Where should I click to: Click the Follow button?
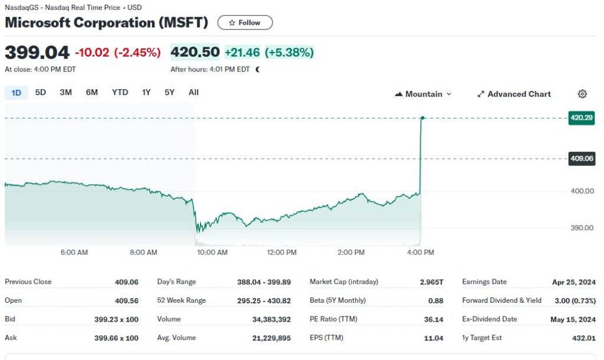[x=245, y=22]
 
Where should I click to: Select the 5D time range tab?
[x=41, y=93]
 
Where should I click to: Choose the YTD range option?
[x=120, y=93]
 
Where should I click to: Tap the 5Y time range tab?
[x=169, y=93]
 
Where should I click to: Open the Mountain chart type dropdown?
[x=424, y=94]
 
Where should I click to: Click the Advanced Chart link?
[x=513, y=94]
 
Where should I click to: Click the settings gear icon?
[x=582, y=94]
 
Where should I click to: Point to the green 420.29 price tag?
[x=581, y=118]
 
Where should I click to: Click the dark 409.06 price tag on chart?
[x=581, y=158]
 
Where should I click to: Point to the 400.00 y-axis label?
[x=581, y=191]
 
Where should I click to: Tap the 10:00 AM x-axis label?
[x=212, y=253]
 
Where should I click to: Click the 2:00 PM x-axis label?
[x=351, y=253]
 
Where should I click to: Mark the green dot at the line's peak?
[x=422, y=118]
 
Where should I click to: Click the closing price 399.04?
[x=37, y=52]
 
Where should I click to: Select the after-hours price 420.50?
[x=195, y=52]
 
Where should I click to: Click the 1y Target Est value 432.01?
[x=584, y=338]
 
